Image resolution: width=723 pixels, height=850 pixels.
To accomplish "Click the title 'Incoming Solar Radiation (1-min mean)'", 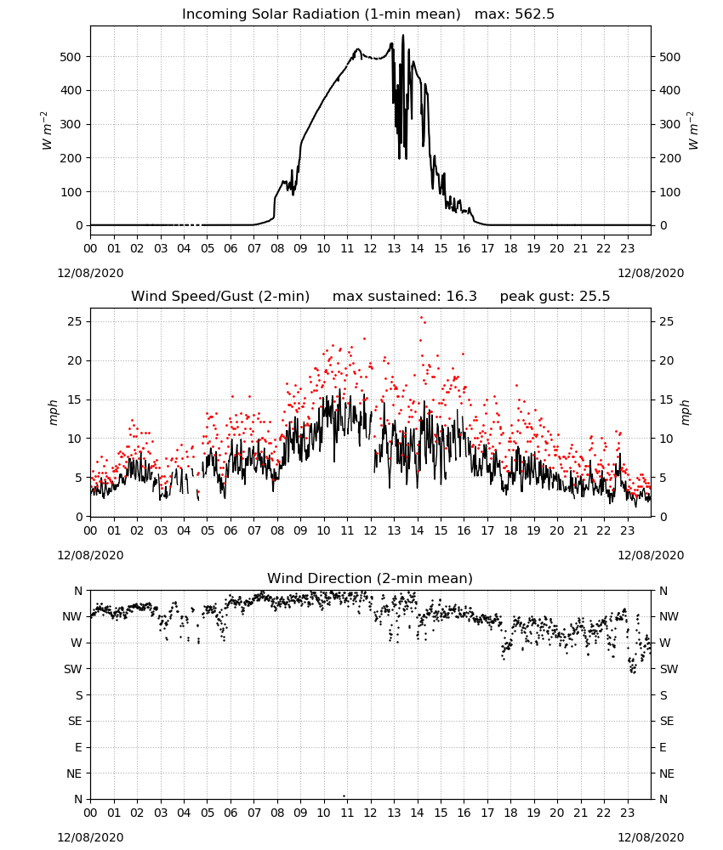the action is [321, 14].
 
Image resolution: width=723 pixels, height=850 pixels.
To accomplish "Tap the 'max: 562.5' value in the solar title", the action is [515, 14].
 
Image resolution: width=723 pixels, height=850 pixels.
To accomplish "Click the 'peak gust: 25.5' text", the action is [555, 297].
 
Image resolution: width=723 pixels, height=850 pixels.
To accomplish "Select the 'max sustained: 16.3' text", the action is [405, 297].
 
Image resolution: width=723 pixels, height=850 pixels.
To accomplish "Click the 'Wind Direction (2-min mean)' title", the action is [370, 578].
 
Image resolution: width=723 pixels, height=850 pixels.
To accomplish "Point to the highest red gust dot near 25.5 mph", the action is [421, 318].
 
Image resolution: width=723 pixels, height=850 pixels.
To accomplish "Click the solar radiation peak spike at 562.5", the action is [403, 36].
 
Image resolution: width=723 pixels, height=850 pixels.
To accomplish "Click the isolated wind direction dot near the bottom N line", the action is [344, 796].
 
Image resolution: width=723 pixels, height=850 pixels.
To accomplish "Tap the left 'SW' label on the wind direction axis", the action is [73, 669].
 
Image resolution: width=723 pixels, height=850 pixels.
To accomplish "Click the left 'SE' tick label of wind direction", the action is [75, 721].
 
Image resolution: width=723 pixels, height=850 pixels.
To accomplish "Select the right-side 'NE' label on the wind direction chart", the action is [667, 773].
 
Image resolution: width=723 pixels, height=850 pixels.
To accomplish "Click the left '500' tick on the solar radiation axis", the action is [71, 57].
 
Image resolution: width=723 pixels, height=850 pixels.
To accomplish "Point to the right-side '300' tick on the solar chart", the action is [670, 124].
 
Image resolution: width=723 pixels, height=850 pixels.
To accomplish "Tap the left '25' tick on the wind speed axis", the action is [75, 321].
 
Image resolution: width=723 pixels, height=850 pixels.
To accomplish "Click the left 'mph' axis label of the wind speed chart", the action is [53, 412].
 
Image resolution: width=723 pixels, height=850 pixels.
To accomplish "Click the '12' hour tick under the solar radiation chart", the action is [371, 249].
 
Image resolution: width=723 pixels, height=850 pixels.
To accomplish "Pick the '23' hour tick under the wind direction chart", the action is [628, 813].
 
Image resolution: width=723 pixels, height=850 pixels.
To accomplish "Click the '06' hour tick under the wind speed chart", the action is [231, 530].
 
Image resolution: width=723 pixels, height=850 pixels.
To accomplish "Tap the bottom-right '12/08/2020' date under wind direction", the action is [651, 837].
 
